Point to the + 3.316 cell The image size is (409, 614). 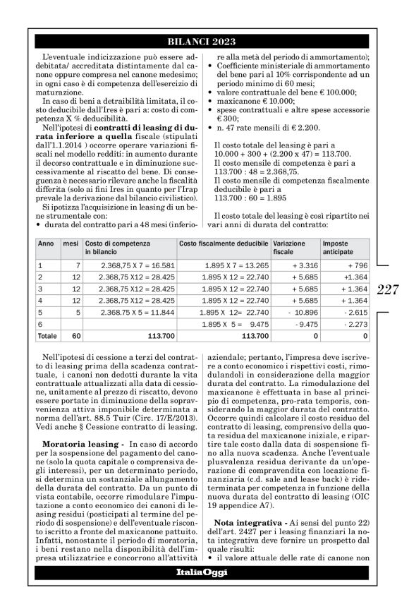pos(300,265)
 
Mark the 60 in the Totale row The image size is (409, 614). pos(75,337)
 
